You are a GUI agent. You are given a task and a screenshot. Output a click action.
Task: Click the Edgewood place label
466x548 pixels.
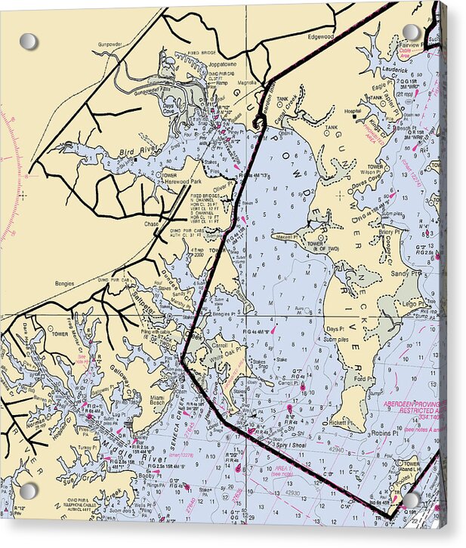click(319, 36)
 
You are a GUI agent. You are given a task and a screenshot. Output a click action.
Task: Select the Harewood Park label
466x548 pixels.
click(186, 182)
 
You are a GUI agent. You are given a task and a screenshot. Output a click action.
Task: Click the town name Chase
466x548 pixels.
click(153, 223)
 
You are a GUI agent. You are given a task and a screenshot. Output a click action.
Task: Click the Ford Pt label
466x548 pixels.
click(364, 380)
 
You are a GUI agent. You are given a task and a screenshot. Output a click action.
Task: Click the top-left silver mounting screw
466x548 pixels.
click(29, 41)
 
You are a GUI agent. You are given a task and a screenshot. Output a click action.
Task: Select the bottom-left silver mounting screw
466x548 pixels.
click(29, 491)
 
